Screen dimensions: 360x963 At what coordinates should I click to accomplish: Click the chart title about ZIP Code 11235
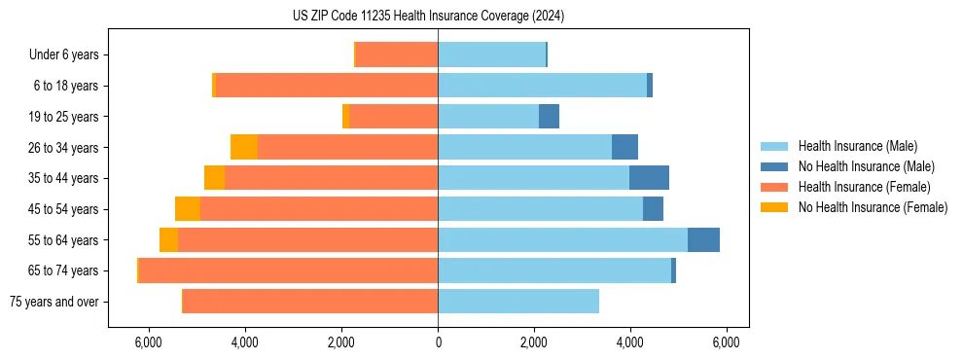coord(428,16)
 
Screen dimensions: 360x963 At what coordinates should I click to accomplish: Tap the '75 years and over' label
coord(53,302)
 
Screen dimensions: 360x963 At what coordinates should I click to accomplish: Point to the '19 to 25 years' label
coord(63,117)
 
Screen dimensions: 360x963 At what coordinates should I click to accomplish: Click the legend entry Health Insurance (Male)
coord(857,146)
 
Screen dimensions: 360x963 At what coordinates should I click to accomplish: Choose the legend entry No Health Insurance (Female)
coord(873,207)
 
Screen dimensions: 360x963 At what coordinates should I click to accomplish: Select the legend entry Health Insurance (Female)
coord(864,187)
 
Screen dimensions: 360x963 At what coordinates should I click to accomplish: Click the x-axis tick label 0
coord(438,342)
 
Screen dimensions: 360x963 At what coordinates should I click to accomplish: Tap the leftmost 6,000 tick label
coord(148,342)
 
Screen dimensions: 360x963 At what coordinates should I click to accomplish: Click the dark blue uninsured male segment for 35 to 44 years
coord(649,178)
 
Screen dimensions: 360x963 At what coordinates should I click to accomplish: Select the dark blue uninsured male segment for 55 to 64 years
coord(703,239)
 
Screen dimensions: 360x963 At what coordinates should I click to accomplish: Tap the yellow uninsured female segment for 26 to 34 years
coord(244,147)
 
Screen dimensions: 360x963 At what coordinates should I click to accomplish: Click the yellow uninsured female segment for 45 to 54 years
coord(188,208)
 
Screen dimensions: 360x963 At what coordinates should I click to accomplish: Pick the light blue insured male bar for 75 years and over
coord(518,302)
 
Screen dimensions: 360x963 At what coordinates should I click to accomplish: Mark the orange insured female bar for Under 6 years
coord(397,55)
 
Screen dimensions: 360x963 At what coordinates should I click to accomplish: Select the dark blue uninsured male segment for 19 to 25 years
coord(549,117)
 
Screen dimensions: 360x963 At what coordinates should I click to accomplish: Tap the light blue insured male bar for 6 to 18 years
coord(542,86)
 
